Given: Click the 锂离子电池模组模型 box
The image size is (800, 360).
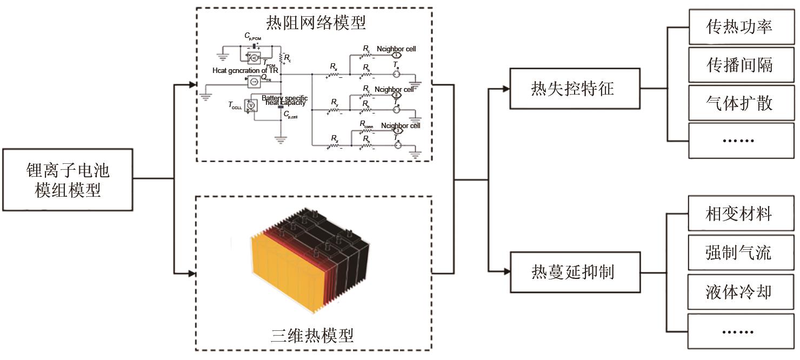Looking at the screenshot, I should [x=68, y=179].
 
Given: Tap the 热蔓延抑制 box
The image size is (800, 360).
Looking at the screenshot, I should [x=572, y=272].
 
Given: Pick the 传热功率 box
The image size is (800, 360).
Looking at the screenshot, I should [x=739, y=26].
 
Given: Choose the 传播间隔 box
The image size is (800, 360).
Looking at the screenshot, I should [x=739, y=64].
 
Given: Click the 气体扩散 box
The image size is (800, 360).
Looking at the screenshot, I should [x=739, y=103].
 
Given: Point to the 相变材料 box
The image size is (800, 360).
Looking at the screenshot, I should [x=739, y=214].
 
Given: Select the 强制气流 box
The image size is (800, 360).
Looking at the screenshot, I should [x=739, y=252].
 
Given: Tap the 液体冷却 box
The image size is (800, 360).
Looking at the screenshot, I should [x=739, y=292].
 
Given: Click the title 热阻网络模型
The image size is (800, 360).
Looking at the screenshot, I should [x=316, y=23].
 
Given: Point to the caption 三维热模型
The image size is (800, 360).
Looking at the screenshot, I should [x=312, y=335].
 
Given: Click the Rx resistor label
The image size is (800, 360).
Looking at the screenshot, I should [x=334, y=67].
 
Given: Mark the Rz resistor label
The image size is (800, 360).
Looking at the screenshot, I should [x=335, y=139].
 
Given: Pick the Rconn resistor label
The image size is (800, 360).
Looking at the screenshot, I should [x=366, y=124].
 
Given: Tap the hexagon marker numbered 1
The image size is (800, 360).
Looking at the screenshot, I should [x=396, y=55].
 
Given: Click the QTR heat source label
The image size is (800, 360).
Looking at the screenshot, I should [x=266, y=78].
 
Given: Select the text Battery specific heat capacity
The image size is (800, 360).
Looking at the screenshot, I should [x=285, y=101].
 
